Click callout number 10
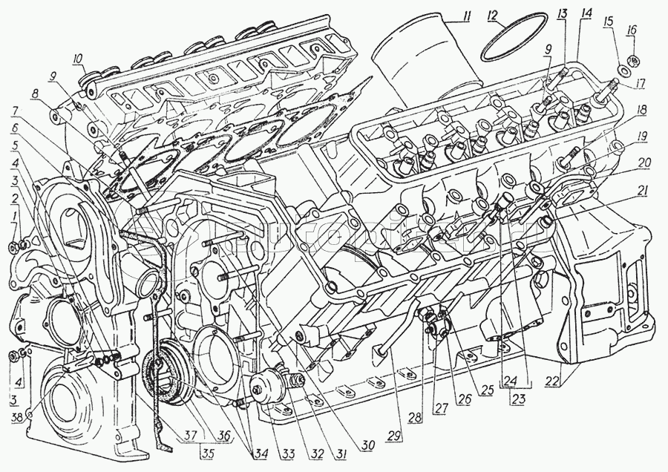pos(78,59)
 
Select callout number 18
pos(641,109)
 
